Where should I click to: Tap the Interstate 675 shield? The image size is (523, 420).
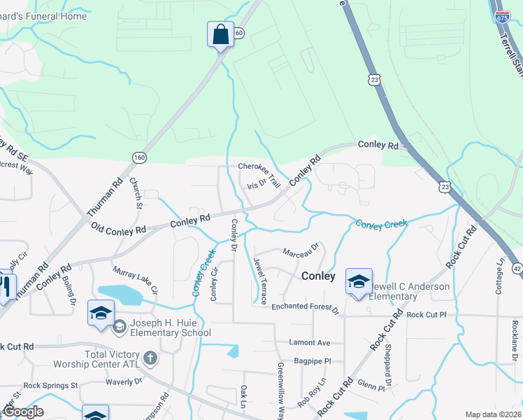tap(502, 16)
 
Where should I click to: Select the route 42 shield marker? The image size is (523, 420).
tap(517, 268)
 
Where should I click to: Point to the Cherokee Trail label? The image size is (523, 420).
tap(259, 169)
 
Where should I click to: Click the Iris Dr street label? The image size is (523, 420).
tap(258, 184)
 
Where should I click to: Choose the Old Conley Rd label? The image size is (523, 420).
tap(118, 229)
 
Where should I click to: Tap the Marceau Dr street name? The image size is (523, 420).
tap(301, 248)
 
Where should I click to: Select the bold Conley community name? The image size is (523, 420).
tap(318, 276)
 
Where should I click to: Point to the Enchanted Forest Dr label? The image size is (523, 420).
tap(305, 307)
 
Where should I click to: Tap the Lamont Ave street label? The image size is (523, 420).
tap(308, 342)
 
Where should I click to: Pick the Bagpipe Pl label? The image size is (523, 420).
tap(313, 360)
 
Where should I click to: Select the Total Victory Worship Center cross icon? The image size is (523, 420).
tap(150, 358)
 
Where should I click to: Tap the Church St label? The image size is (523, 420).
tap(136, 192)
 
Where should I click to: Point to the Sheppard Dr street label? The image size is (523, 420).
tap(386, 368)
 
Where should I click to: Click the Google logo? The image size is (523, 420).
tap(23, 412)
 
